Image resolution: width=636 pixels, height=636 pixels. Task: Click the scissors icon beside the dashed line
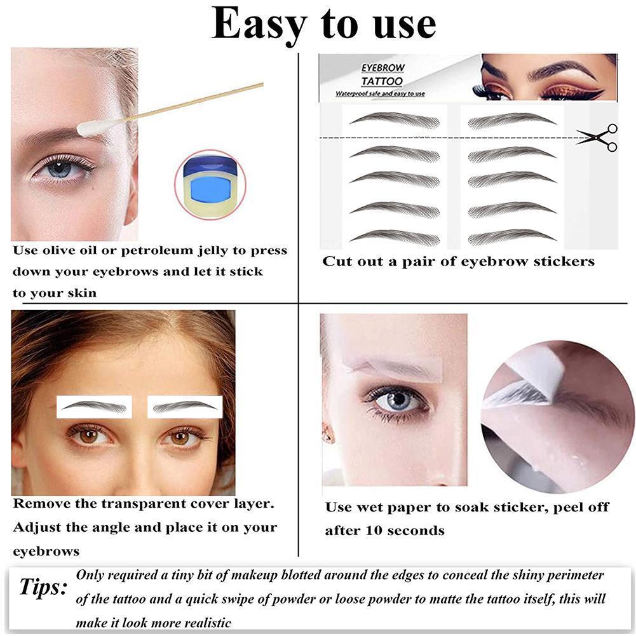pyautogui.click(x=599, y=137)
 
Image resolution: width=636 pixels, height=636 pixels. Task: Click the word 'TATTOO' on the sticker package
pyautogui.click(x=382, y=81)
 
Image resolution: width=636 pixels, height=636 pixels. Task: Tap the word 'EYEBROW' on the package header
pyautogui.click(x=382, y=67)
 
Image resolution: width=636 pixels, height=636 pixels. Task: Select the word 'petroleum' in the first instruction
pyautogui.click(x=179, y=250)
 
